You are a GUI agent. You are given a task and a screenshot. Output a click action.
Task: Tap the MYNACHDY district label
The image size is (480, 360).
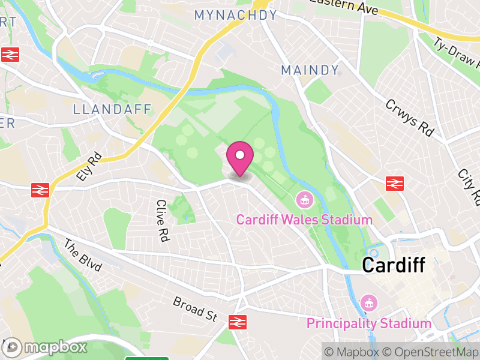[235, 15]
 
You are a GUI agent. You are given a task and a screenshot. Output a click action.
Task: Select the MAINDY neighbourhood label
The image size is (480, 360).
[310, 70]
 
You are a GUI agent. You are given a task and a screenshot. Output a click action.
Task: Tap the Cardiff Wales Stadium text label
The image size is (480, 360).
[304, 220]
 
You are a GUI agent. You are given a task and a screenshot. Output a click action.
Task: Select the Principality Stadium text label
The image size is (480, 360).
[368, 324]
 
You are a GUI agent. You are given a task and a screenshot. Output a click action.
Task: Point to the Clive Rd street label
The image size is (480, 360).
[161, 220]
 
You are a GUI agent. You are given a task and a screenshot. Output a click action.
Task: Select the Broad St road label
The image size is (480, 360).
[194, 308]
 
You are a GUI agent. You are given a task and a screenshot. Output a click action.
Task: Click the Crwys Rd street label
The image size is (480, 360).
[409, 118]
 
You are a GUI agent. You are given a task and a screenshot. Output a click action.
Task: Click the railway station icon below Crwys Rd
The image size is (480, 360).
[394, 183]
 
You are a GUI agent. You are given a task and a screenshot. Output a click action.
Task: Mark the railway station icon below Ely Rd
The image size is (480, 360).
[40, 190]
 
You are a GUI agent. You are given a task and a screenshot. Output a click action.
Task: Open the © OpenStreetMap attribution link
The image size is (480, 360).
[431, 351]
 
